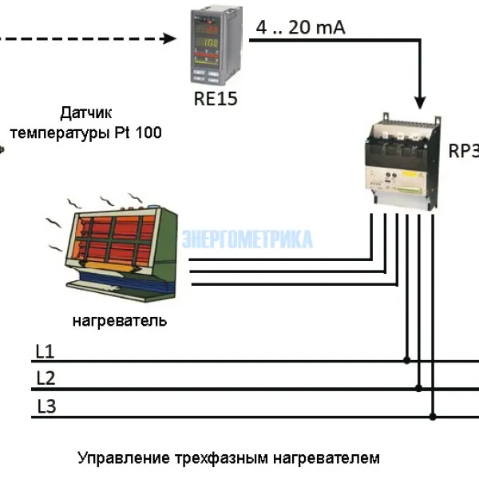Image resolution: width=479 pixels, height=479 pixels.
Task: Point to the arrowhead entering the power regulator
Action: pyautogui.click(x=420, y=101)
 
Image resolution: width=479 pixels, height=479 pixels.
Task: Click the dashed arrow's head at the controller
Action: pyautogui.click(x=169, y=38)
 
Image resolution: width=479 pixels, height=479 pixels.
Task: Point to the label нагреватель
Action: pyautogui.click(x=120, y=321)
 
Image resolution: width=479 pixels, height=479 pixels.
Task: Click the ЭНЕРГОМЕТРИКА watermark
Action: pyautogui.click(x=247, y=239)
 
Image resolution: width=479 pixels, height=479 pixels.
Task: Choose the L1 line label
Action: pyautogui.click(x=45, y=351)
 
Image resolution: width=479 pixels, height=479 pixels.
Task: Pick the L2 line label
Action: pyautogui.click(x=46, y=378)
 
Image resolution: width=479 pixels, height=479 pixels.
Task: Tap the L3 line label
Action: pyautogui.click(x=46, y=406)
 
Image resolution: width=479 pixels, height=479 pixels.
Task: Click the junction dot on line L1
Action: pyautogui.click(x=407, y=360)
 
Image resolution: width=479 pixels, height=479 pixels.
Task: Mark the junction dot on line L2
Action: pyautogui.click(x=420, y=389)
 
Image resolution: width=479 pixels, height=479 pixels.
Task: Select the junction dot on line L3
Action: pyautogui.click(x=433, y=416)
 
